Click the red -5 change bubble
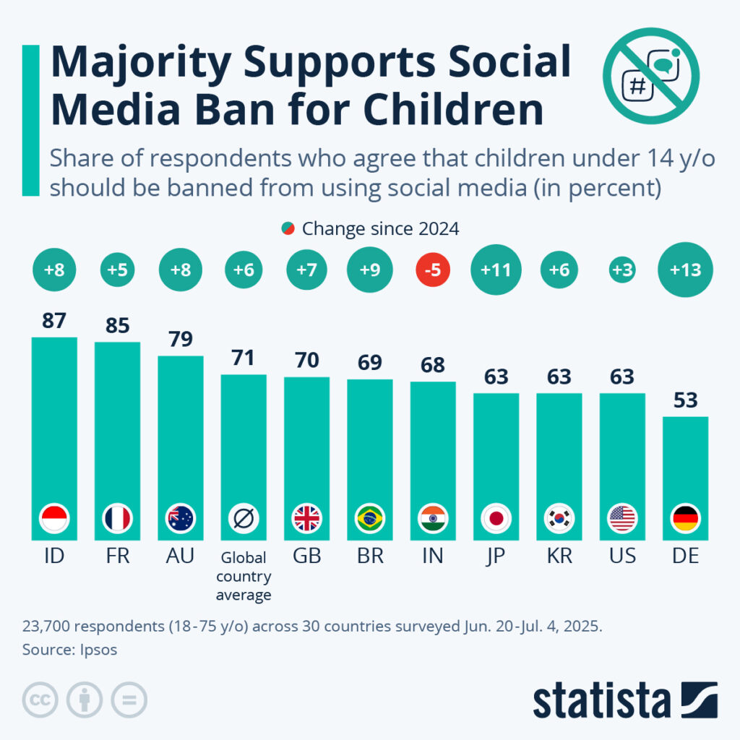point(433,270)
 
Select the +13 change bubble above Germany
point(685,270)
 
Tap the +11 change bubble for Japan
point(496,270)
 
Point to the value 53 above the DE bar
point(685,399)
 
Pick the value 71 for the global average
point(243,357)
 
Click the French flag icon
point(117,518)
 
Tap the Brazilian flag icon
point(370,518)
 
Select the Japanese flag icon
point(496,518)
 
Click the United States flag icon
point(622,518)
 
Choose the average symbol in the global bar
point(243,518)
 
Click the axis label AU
point(180,557)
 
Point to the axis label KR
point(559,557)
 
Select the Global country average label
point(243,577)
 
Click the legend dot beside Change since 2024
point(288,229)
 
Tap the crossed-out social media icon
point(651,77)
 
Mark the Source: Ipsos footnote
point(69,649)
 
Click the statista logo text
point(601,700)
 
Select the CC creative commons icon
point(41,700)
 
